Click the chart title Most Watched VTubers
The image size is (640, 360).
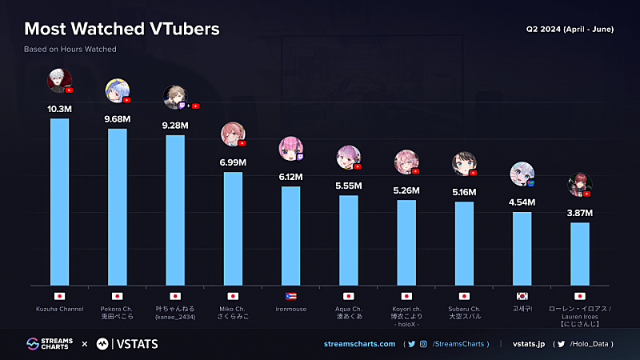[122, 30]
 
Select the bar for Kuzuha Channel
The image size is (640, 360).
[59, 201]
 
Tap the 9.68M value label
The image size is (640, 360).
[118, 118]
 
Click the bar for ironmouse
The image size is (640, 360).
[290, 235]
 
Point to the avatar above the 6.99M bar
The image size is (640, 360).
[233, 134]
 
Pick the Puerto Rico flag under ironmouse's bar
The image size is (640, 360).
[290, 296]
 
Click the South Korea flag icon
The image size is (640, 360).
[522, 296]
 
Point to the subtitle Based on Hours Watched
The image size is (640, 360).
[70, 50]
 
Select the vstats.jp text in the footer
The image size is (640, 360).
[529, 344]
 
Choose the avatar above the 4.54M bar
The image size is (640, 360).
[522, 173]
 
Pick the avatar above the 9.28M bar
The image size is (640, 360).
[175, 97]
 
